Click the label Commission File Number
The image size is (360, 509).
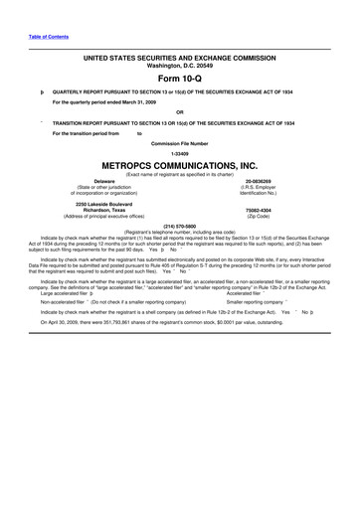[x=180, y=142]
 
